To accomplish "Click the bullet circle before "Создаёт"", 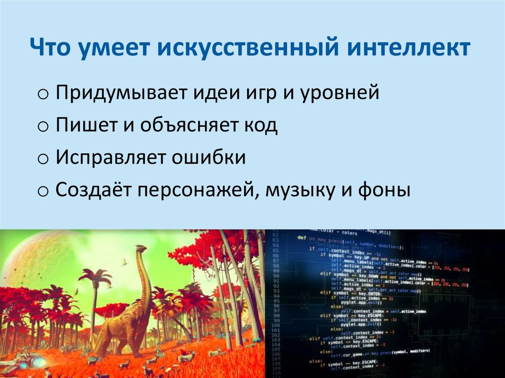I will (x=42, y=191).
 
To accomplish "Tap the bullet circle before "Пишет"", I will (x=42, y=127).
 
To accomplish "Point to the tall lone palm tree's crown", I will (x=95, y=276).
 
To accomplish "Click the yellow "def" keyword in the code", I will (x=302, y=237).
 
